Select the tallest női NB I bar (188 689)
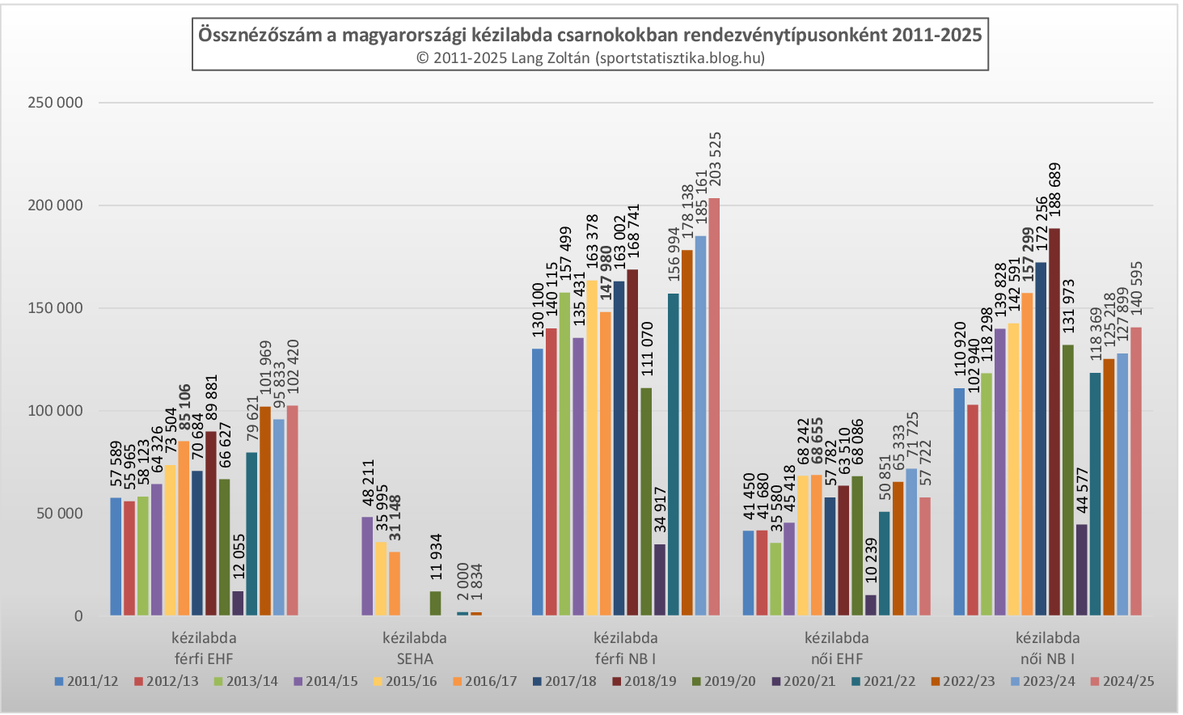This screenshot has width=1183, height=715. [x=1054, y=421]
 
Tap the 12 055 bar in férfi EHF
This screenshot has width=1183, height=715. [x=238, y=603]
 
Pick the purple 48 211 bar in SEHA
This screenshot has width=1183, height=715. [x=367, y=566]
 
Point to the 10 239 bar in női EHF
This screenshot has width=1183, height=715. [x=870, y=605]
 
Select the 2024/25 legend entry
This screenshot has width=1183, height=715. [x=1122, y=681]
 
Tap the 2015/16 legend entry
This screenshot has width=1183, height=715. [x=404, y=681]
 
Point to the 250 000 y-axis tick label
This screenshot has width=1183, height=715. [x=55, y=103]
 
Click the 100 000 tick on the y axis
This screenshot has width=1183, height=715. [x=55, y=411]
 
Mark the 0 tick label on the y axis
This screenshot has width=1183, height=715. [x=78, y=616]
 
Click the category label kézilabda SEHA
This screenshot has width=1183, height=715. [x=415, y=648]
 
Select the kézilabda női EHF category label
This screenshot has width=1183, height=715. [x=837, y=648]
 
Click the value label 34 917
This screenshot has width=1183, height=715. [x=661, y=510]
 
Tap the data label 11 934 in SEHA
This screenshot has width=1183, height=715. [x=437, y=556]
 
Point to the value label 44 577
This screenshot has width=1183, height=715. [x=1083, y=490]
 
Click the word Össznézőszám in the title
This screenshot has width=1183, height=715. [x=267, y=35]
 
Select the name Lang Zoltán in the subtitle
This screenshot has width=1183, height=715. [x=551, y=57]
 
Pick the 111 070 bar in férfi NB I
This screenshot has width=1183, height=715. [x=646, y=501]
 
